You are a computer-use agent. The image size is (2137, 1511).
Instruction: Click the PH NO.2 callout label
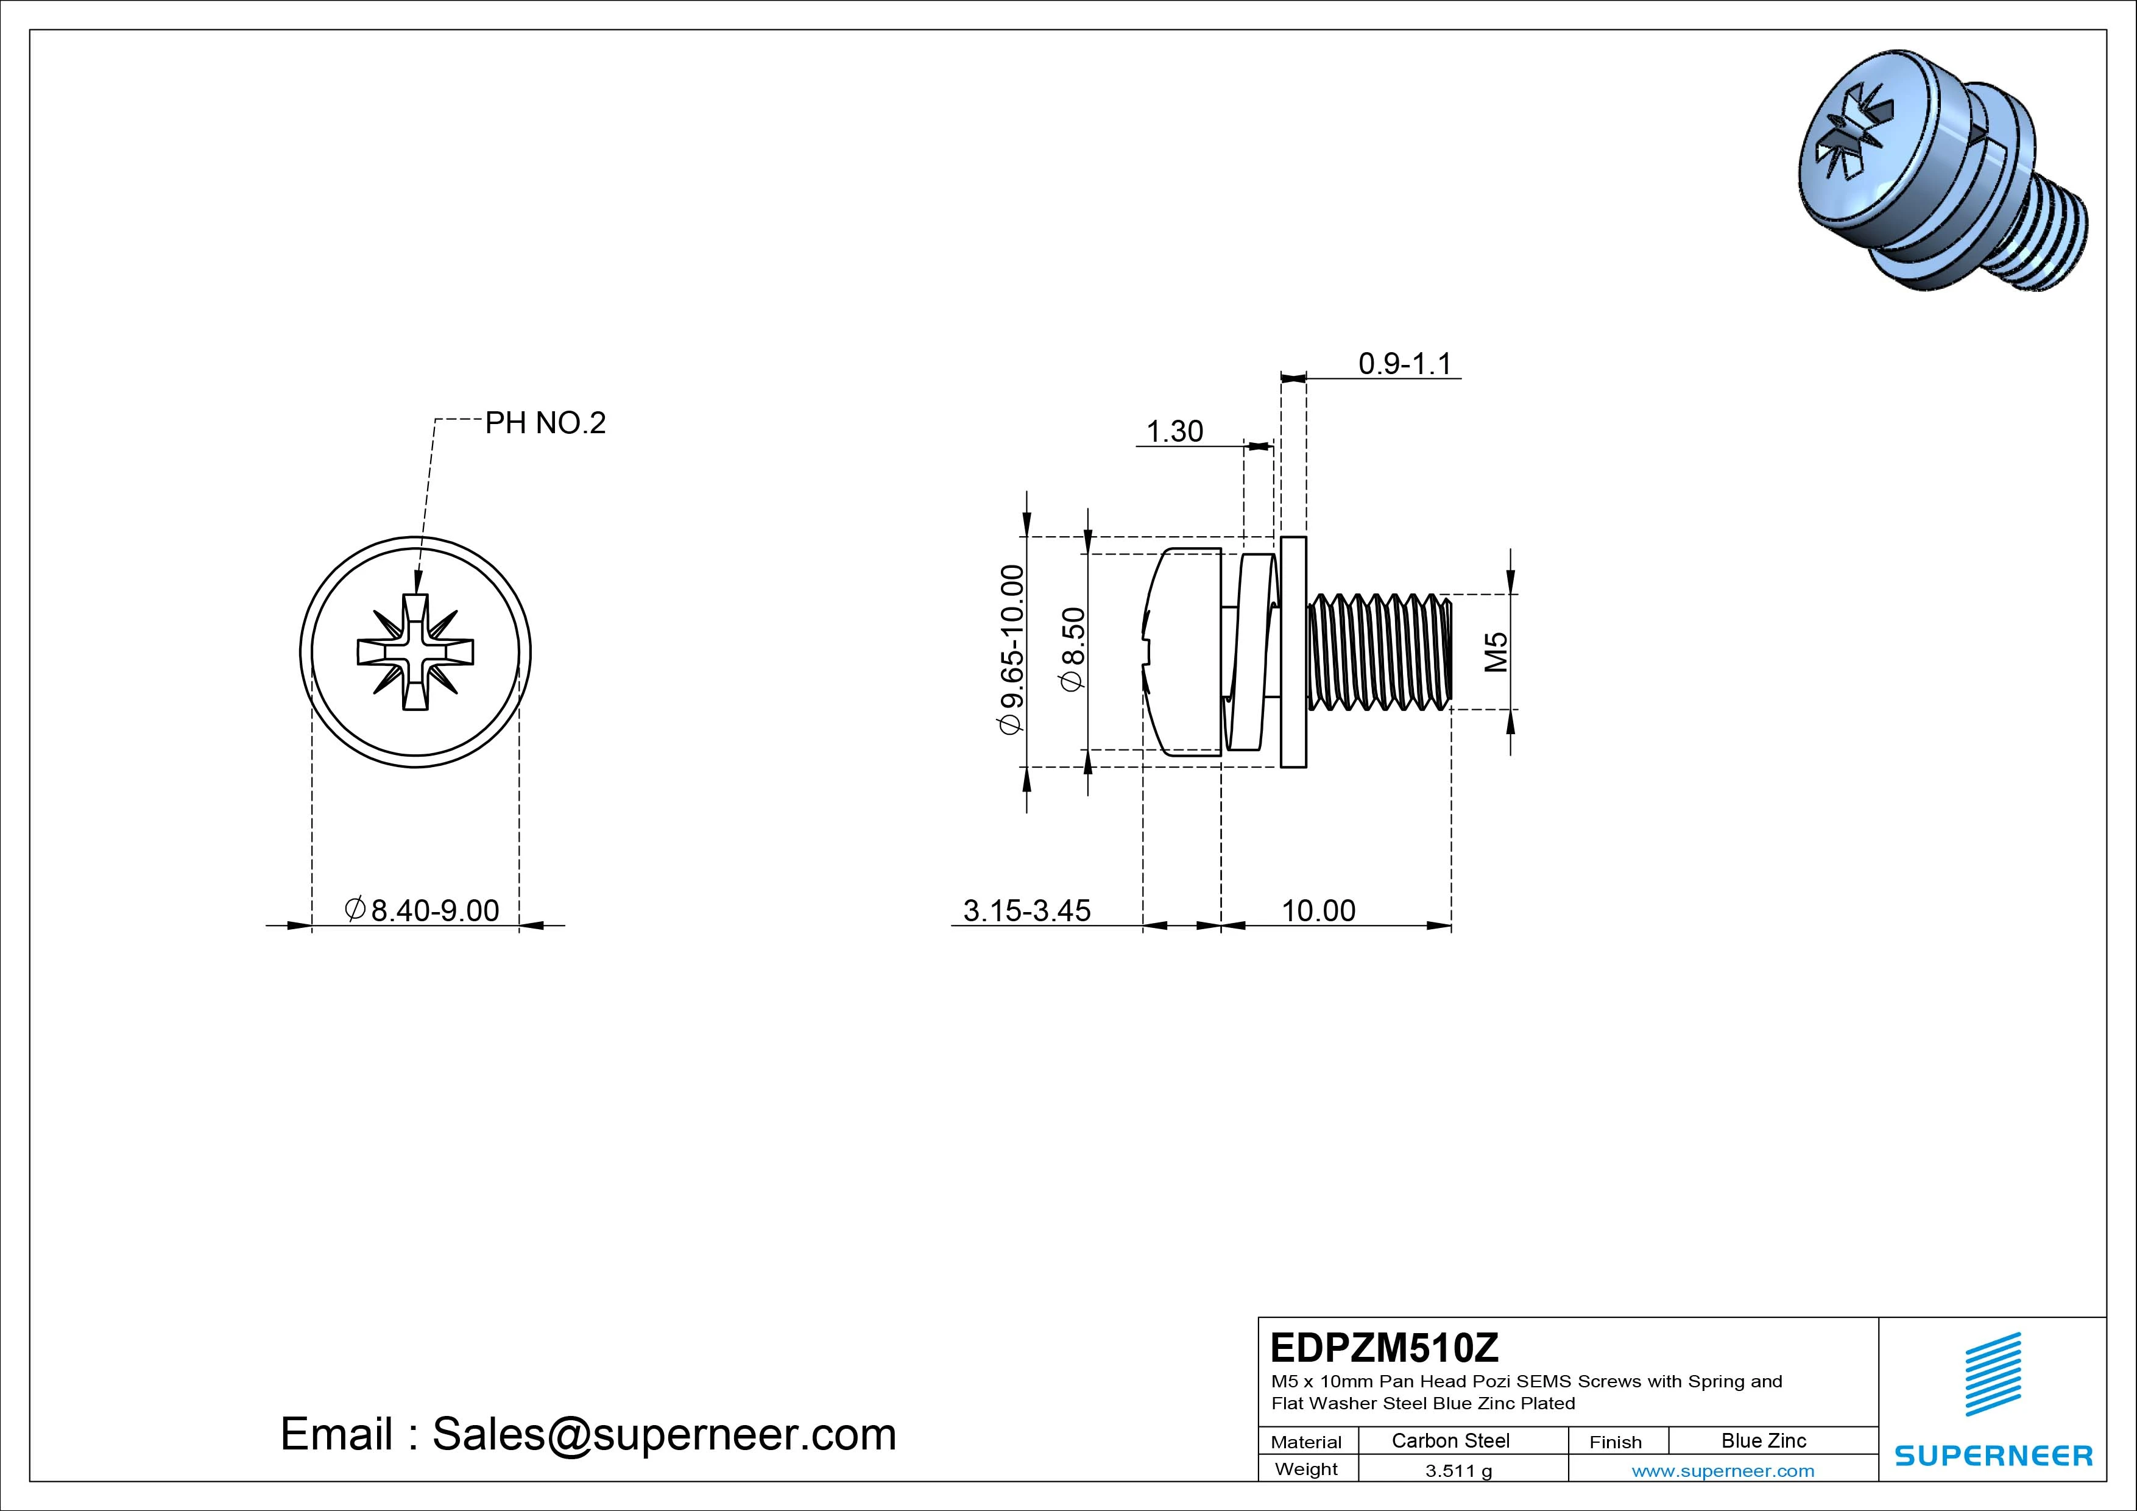(545, 423)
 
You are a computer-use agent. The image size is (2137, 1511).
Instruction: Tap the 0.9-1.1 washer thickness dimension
(1405, 363)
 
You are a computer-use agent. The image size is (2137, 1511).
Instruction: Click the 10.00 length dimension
(1318, 910)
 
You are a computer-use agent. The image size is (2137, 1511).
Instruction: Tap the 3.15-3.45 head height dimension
(1026, 910)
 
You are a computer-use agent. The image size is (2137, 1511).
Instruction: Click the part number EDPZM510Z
(1384, 1346)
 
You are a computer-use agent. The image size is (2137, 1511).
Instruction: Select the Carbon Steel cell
(1450, 1440)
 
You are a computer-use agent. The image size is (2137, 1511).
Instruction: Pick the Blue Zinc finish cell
(1763, 1440)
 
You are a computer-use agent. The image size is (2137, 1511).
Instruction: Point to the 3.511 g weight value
(1458, 1471)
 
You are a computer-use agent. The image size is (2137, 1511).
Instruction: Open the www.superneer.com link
(1722, 1471)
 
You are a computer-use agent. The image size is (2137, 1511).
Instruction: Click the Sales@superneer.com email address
(663, 1434)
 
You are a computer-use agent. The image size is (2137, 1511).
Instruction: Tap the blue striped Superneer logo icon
(1992, 1374)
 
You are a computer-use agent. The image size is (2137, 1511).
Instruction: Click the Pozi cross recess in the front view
(415, 652)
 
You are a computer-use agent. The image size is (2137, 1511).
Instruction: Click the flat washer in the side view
(1293, 652)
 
